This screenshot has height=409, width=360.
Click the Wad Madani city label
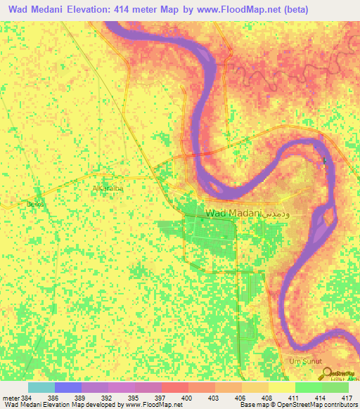[x=233, y=212]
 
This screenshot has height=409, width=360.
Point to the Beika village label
[x=34, y=204]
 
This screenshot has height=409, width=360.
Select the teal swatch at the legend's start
[x=41, y=387]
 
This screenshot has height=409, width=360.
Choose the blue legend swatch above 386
[x=68, y=387]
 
